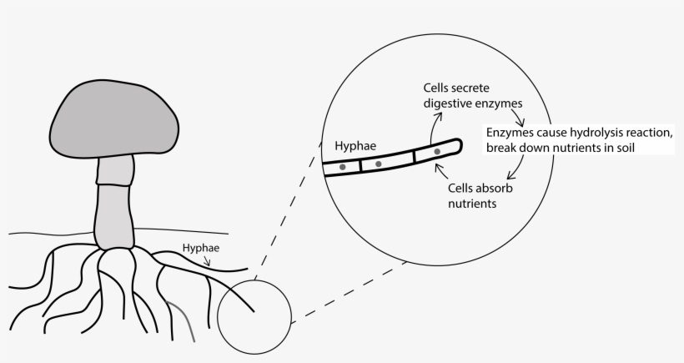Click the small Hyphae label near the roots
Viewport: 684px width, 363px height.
[x=199, y=248]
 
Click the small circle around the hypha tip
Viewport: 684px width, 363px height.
[x=254, y=316]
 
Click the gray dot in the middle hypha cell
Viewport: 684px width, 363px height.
[x=378, y=164]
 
